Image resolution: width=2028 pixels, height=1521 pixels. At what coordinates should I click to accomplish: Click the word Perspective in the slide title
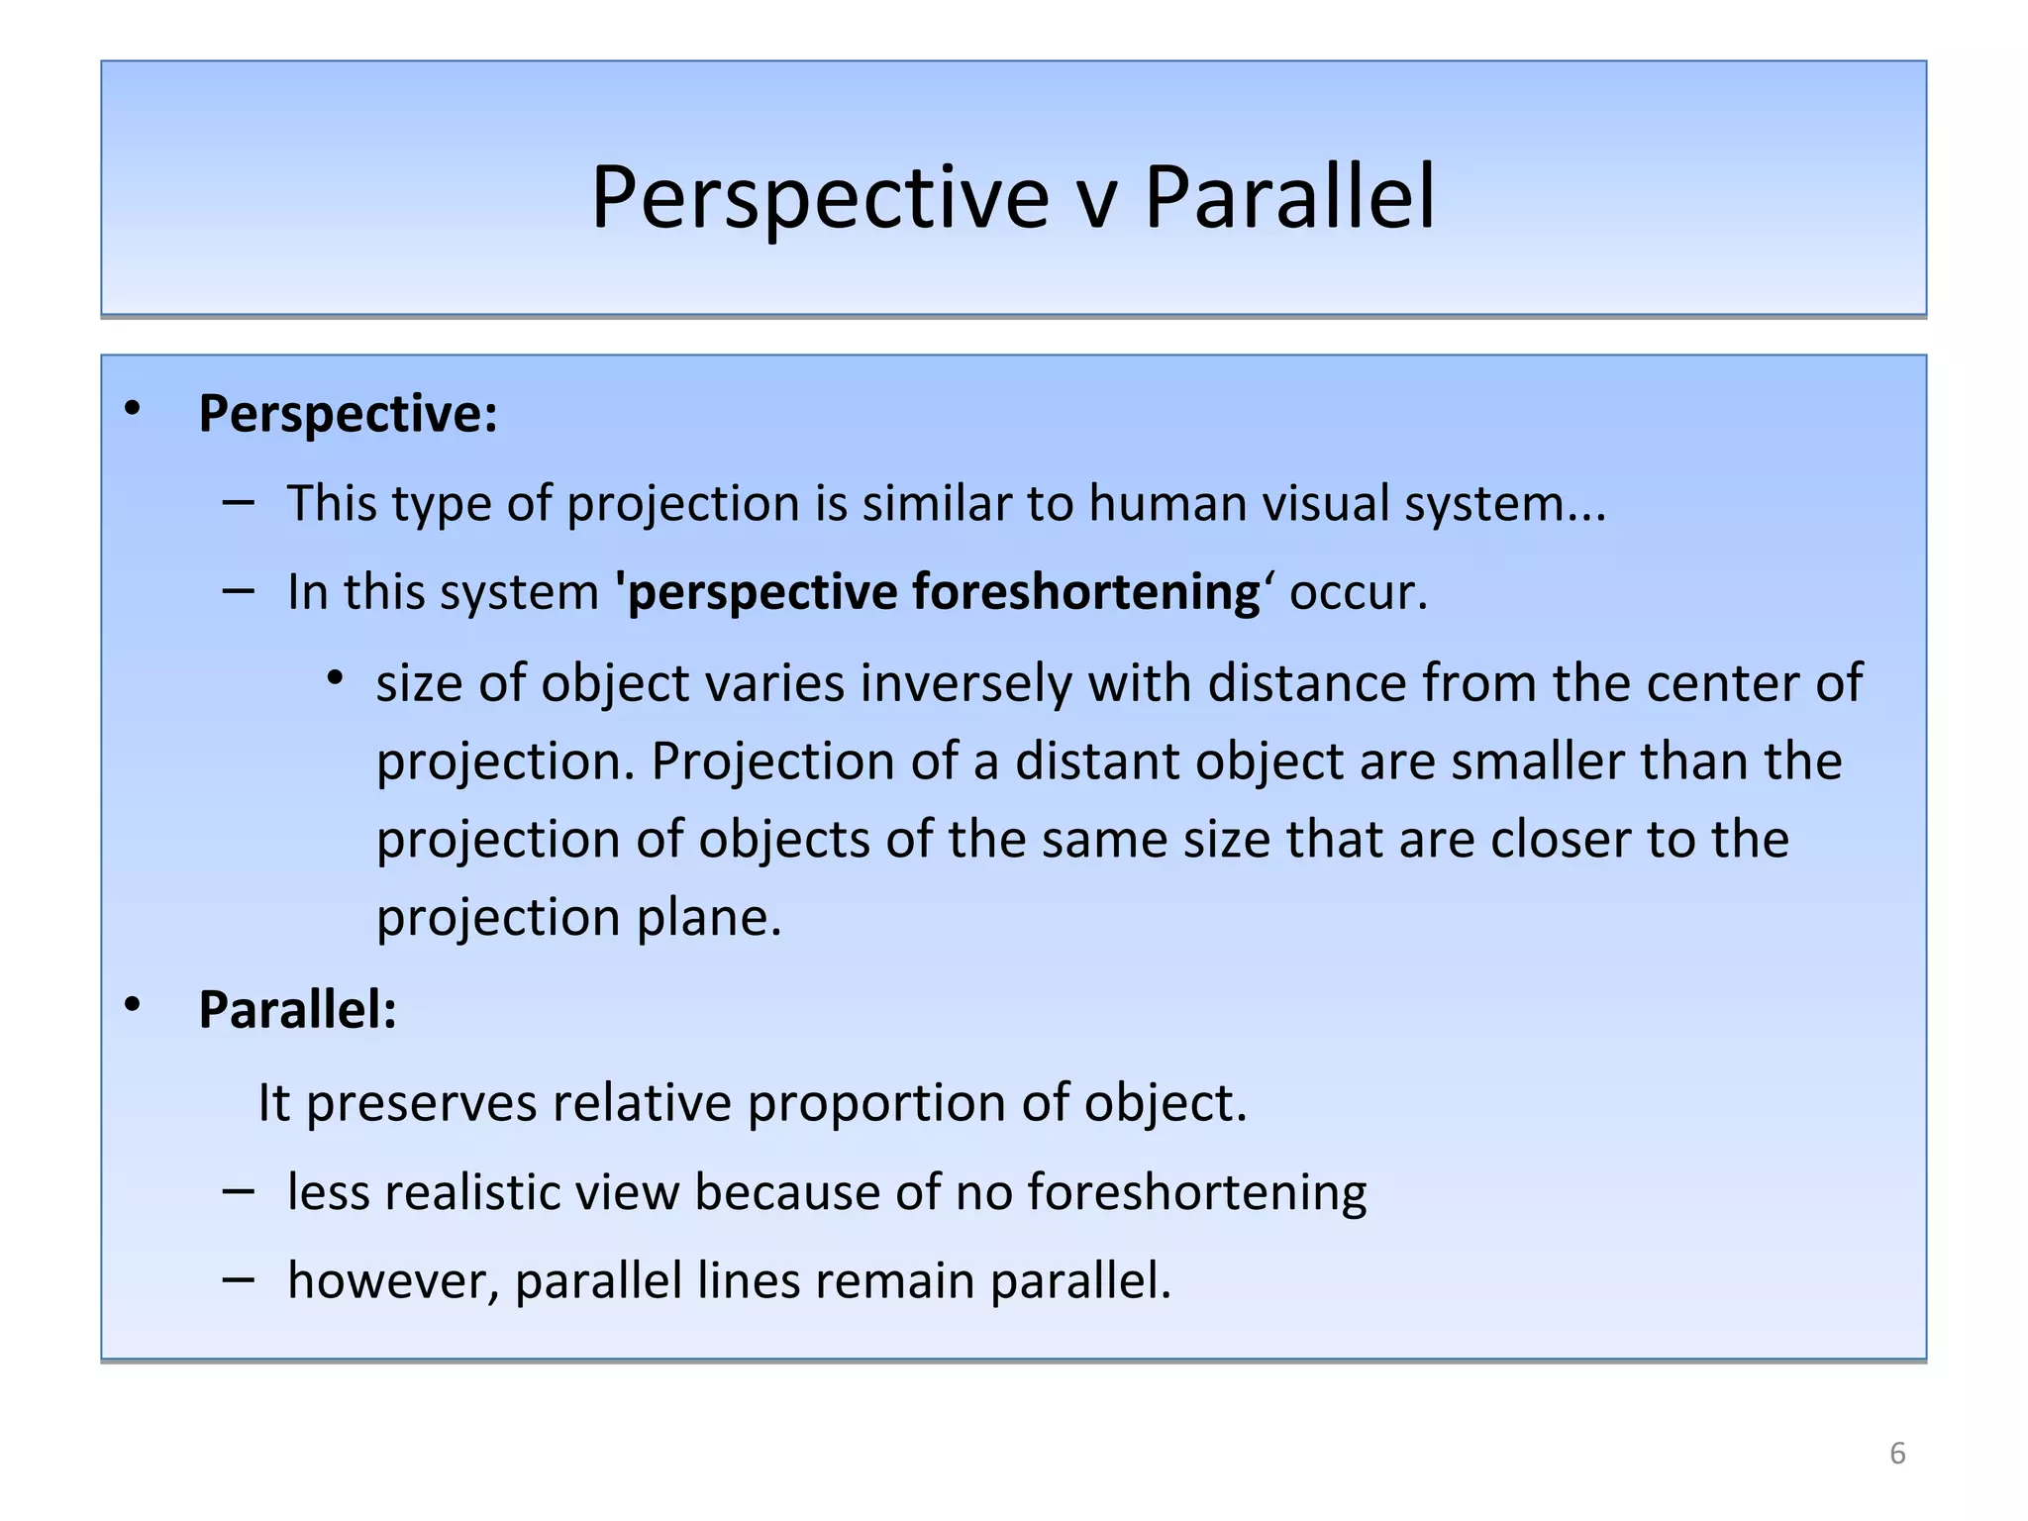819,198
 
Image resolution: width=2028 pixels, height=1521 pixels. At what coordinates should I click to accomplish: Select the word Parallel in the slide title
1289,198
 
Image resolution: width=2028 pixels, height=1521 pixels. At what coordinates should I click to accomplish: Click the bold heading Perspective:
348,414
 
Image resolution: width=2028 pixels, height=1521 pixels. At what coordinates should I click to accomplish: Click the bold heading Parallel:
297,1010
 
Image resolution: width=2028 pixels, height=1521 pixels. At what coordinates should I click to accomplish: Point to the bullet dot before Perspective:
133,408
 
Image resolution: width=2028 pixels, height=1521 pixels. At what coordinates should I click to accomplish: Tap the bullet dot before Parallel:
133,1005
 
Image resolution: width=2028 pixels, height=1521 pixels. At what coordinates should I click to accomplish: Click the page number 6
1897,1453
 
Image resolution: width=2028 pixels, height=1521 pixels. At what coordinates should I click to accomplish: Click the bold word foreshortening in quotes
1085,592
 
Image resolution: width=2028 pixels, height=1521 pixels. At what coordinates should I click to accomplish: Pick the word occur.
1358,592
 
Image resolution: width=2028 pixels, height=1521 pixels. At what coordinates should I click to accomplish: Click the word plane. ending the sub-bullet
709,918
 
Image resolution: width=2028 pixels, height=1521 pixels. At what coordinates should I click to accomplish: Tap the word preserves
420,1102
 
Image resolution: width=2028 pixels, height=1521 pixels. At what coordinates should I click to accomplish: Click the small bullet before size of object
336,678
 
